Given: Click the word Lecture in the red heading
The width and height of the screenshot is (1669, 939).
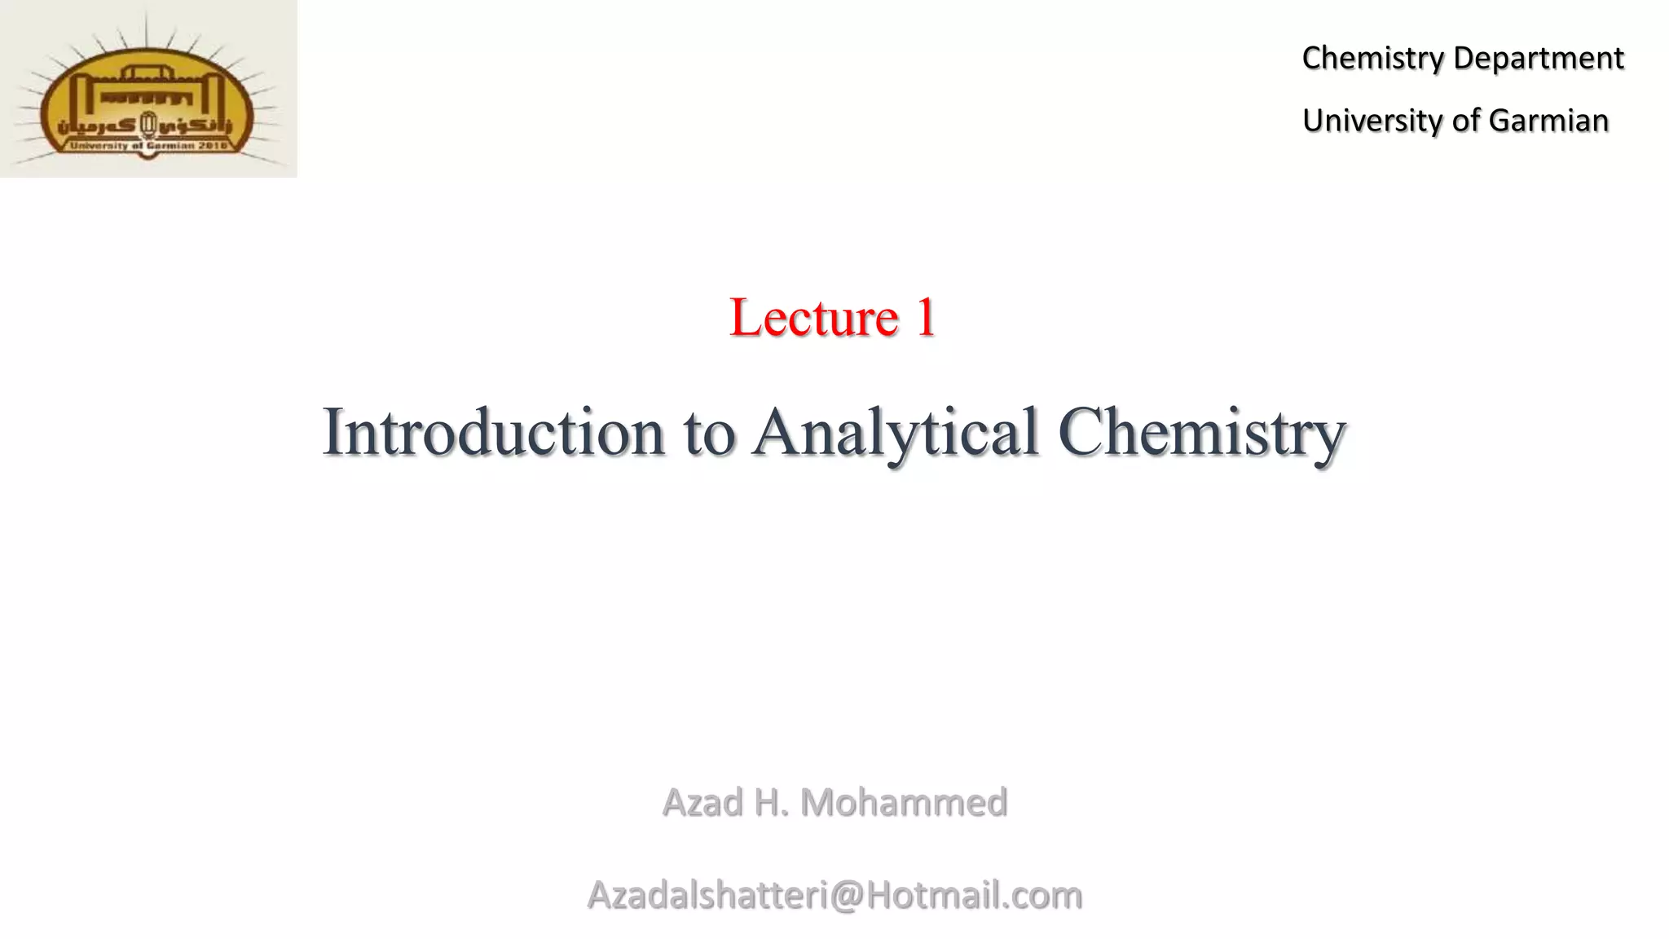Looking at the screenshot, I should (x=813, y=317).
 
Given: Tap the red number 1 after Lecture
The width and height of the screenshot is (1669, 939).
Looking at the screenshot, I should (x=926, y=317).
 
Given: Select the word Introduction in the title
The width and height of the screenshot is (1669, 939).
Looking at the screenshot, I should (x=493, y=432).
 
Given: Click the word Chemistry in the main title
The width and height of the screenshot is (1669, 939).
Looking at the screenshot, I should (x=1201, y=432).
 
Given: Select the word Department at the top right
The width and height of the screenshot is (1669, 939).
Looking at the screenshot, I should (x=1538, y=59).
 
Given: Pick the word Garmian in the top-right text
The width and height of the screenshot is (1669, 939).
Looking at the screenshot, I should (x=1548, y=121).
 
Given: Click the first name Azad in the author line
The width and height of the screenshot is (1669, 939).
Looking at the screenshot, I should (x=702, y=803).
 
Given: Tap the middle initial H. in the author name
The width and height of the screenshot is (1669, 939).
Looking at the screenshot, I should (x=772, y=803).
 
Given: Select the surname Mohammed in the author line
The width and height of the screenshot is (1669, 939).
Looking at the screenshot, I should (x=904, y=803).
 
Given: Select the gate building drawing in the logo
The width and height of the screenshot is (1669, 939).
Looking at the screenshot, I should (x=147, y=90).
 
